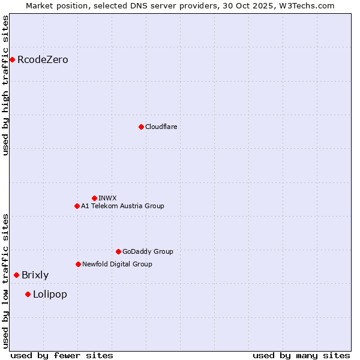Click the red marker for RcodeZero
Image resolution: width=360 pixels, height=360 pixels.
12,59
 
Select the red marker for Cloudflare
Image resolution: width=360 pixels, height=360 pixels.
141,127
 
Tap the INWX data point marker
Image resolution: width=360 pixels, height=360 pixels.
94,198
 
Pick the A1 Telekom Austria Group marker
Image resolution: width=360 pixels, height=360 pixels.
77,206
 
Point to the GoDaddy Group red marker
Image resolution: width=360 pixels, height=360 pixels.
118,251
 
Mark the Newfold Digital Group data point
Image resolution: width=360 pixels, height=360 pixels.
78,264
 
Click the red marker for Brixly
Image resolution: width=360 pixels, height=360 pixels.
16,275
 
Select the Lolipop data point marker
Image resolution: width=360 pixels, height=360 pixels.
28,294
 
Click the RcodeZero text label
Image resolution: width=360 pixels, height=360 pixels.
43,59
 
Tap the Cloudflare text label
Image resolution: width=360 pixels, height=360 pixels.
161,127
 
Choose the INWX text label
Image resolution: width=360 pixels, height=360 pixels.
107,198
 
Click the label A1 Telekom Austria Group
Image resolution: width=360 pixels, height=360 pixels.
122,206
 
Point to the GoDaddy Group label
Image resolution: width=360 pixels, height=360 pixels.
148,251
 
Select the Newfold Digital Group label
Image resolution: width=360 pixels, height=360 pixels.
117,264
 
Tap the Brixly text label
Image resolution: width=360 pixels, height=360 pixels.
35,275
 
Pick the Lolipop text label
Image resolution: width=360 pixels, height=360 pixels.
50,294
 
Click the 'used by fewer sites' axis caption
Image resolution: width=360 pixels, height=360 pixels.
62,355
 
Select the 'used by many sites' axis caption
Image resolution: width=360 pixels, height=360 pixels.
301,355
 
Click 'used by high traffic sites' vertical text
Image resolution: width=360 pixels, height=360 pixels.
6,85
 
